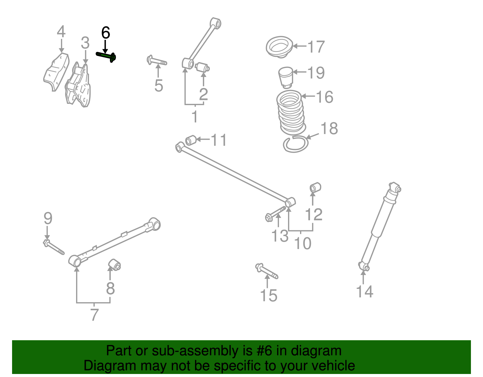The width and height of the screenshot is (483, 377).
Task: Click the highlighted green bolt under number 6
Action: click(106, 56)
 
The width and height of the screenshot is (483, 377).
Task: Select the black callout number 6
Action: click(105, 33)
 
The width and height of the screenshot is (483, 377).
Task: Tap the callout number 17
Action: click(316, 47)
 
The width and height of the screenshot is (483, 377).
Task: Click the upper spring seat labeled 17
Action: click(279, 47)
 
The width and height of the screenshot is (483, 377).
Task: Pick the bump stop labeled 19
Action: click(286, 77)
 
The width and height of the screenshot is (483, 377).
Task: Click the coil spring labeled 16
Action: click(290, 113)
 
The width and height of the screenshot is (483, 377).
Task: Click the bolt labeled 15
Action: click(267, 271)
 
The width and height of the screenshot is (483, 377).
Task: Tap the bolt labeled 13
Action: click(275, 213)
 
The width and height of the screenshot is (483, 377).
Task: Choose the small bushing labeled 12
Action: click(315, 188)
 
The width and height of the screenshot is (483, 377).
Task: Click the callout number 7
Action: click(94, 315)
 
